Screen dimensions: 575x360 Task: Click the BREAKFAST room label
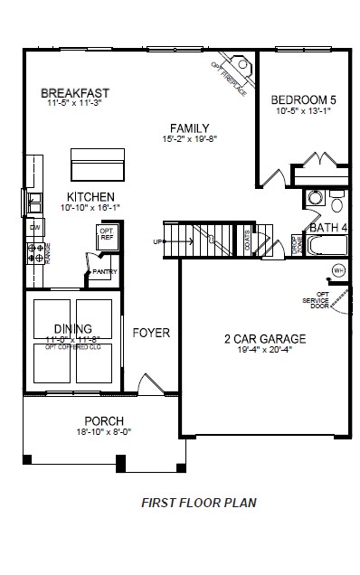[76, 93]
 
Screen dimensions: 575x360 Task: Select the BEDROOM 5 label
[303, 100]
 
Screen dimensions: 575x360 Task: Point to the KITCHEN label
[90, 196]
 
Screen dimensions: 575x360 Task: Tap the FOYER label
[151, 333]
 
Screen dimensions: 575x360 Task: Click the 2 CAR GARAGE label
[265, 339]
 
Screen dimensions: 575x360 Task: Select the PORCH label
[104, 421]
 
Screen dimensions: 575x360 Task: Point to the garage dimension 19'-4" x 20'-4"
[265, 351]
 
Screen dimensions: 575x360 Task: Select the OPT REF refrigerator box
[105, 236]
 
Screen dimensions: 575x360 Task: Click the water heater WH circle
[339, 269]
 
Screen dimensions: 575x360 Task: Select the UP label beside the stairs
[158, 241]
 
